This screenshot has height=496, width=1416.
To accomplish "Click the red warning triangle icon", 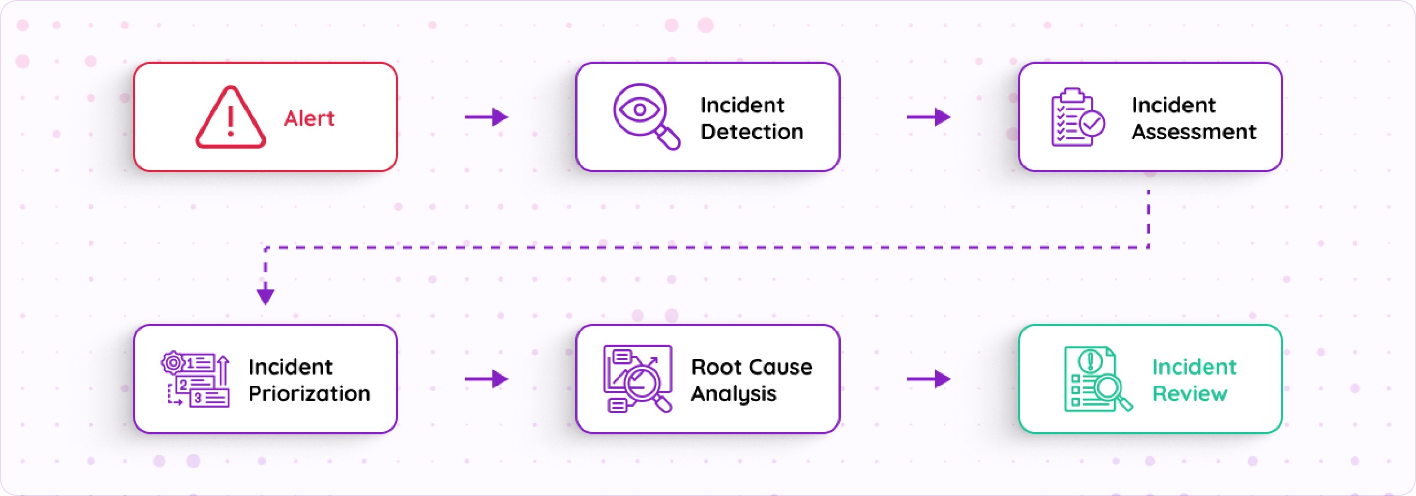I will coord(230,117).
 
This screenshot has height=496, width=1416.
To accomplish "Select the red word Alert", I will coord(309,118).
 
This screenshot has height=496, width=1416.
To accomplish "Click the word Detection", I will coord(751,132).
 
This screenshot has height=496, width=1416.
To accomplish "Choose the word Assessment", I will coord(1193,132).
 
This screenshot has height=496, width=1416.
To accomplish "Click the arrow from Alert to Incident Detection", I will coord(486,117).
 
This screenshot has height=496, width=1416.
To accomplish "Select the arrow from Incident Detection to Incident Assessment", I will coord(928,117).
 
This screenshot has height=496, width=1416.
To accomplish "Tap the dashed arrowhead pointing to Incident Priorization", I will coord(265,295).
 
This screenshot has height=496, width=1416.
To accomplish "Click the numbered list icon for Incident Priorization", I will coord(195,379).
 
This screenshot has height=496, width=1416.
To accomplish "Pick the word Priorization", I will coord(309,394).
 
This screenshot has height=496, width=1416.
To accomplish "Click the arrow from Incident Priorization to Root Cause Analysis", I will coord(486,379).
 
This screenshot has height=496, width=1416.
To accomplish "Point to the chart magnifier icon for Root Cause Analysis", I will coord(638,379).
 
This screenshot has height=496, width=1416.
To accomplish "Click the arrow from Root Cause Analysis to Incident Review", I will coord(928,379).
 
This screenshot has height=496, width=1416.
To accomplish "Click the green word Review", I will coord(1189,394).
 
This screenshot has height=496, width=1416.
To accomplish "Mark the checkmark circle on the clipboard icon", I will coord(1092,124).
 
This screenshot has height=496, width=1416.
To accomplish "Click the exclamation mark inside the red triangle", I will coord(230,121).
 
